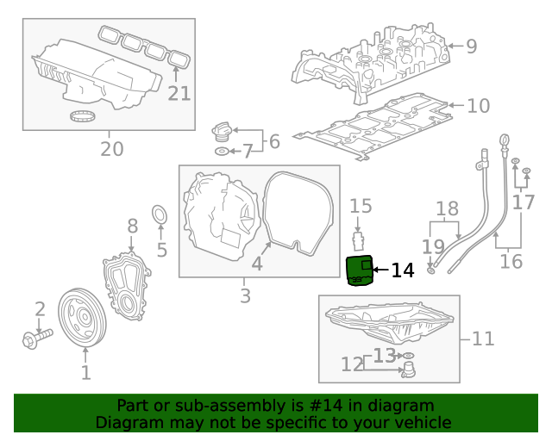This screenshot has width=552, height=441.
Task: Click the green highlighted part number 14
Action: click(358, 270)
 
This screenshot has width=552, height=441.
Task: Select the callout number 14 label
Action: click(403, 271)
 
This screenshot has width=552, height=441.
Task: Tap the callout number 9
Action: click(471, 47)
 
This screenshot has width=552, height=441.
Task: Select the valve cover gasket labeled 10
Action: click(371, 127)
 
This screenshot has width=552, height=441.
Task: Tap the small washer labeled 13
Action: click(408, 355)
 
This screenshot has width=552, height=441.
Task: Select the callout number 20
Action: click(111, 149)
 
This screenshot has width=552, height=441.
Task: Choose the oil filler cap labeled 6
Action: click(223, 134)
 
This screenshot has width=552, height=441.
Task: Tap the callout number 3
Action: click(245, 296)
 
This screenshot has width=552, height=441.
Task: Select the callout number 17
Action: click(523, 202)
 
